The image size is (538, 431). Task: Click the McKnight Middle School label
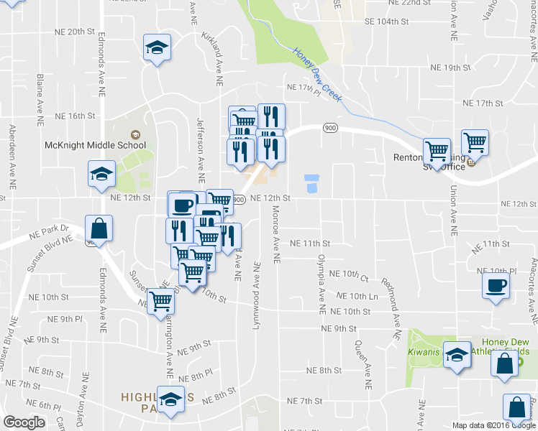click(x=96, y=144)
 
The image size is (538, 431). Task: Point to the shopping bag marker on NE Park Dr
click(x=99, y=229)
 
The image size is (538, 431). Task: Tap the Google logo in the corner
click(x=24, y=422)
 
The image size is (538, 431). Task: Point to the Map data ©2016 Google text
click(x=493, y=425)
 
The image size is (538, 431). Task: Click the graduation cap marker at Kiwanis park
click(x=457, y=356)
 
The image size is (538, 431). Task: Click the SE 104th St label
click(x=386, y=22)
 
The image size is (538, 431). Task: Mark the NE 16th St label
click(x=75, y=116)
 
